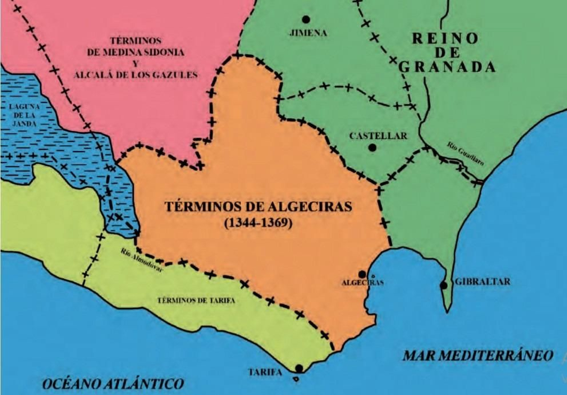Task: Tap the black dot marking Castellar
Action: point(372,148)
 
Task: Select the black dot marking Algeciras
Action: point(362,274)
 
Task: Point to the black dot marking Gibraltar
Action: point(443,285)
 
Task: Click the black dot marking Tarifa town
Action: point(299,368)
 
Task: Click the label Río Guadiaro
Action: point(465,154)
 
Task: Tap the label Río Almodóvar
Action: point(141,260)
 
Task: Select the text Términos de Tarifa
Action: point(196,300)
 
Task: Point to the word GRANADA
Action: point(447,67)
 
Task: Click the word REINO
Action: point(445,38)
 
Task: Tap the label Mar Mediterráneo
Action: point(477,355)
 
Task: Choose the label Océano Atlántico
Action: point(113,384)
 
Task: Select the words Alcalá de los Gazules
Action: point(135,75)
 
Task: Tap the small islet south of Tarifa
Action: point(296,379)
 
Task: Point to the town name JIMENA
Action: point(308,33)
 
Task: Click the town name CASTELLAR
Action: point(378,136)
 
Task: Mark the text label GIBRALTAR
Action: point(482,282)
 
